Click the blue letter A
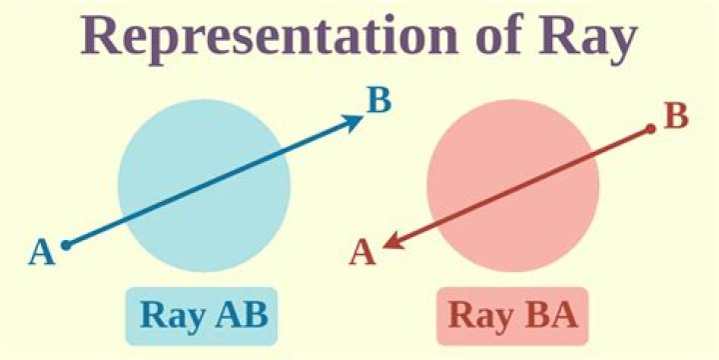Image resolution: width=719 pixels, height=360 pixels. point(41,252)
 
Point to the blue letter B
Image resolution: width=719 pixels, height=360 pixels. point(378,102)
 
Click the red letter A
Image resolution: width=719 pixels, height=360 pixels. point(361,254)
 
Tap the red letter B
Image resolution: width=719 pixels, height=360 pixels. point(676,116)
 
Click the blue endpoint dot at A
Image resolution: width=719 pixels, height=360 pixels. point(66,244)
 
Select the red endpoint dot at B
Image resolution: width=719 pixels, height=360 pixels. point(650,128)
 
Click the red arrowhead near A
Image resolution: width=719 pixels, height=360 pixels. point(392,240)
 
